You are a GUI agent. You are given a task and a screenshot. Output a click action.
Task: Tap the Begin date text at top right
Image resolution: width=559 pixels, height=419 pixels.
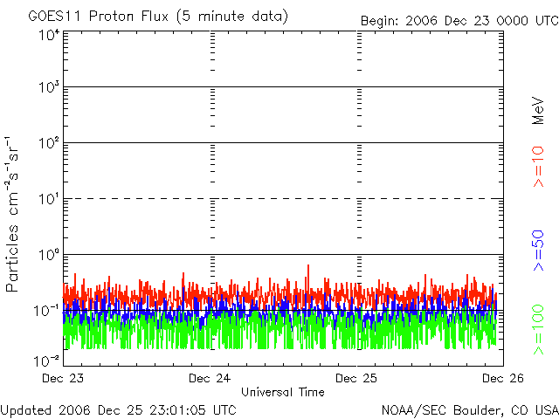coord(459,20)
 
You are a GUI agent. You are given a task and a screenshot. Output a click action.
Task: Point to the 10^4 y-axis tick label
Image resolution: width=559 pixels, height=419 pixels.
coord(48,35)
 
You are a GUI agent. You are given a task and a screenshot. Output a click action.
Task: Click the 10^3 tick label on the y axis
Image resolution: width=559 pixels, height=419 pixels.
coord(48,88)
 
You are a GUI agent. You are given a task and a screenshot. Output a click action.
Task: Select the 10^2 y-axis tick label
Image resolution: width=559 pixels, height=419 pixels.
coord(48,143)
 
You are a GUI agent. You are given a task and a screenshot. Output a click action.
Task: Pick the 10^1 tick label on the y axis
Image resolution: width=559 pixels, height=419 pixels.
coord(48,199)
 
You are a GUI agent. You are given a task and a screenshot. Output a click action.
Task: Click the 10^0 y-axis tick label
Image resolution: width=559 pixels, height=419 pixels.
coord(48,255)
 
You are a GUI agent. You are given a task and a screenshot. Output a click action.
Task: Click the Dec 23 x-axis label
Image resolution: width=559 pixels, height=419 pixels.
coord(62,379)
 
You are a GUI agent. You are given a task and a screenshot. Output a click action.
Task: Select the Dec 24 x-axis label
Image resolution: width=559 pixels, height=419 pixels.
coord(210,379)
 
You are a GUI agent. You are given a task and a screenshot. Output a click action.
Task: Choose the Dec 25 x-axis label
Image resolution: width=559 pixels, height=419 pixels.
coord(358,379)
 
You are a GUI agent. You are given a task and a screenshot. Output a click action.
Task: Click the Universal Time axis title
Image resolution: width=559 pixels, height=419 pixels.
coord(282,392)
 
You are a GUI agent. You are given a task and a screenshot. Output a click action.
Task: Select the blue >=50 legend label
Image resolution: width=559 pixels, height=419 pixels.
coord(539,250)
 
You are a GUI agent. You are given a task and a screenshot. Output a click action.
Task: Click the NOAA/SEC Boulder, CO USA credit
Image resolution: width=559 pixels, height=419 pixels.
coord(469,409)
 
